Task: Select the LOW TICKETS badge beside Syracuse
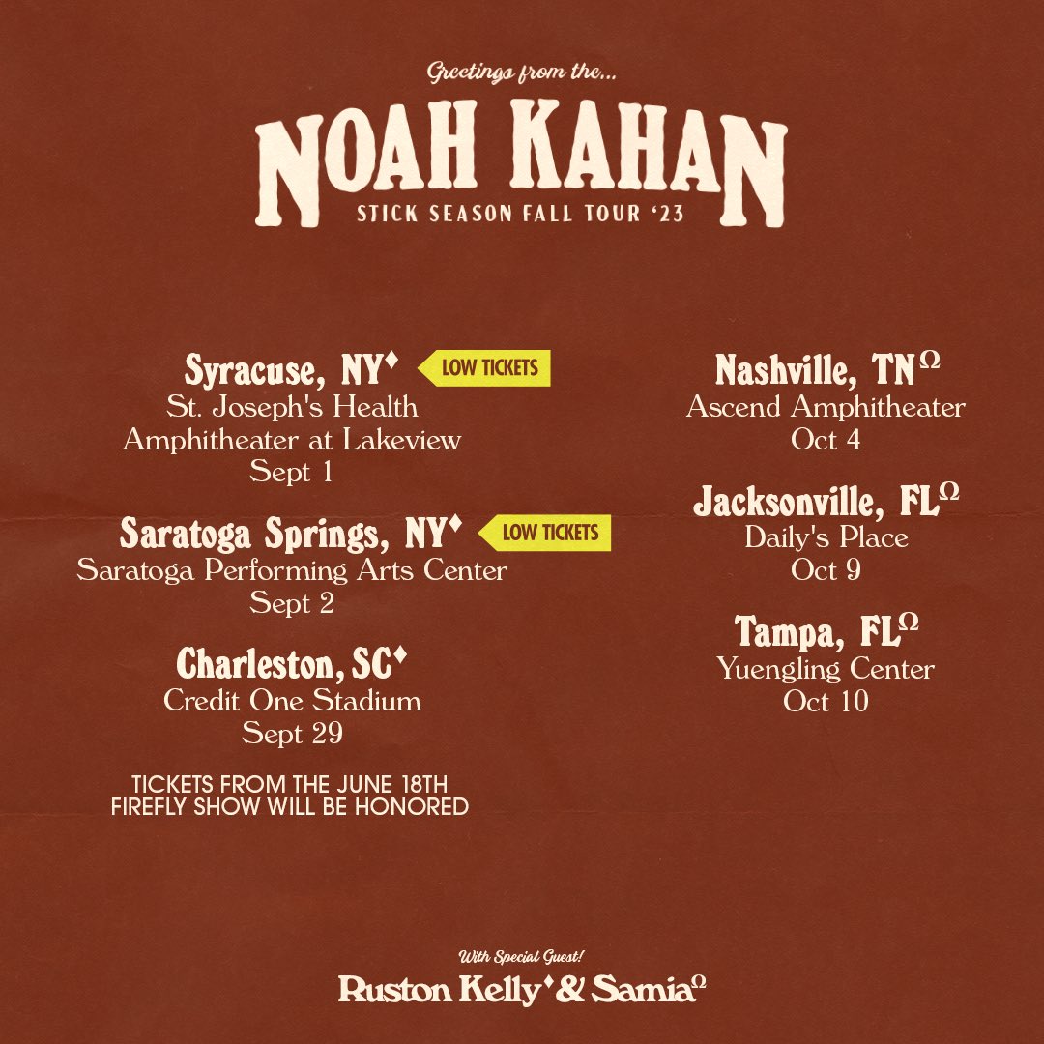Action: pos(484,368)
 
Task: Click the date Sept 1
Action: pos(293,472)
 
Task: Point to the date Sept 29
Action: pos(293,734)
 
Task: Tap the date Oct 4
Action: pos(826,439)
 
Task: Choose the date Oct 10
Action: pos(826,701)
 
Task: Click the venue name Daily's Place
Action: pos(826,537)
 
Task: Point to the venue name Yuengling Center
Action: pos(826,668)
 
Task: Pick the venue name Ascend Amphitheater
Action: pos(826,407)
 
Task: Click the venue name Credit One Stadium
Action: pos(293,700)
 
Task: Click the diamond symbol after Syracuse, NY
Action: pos(391,361)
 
